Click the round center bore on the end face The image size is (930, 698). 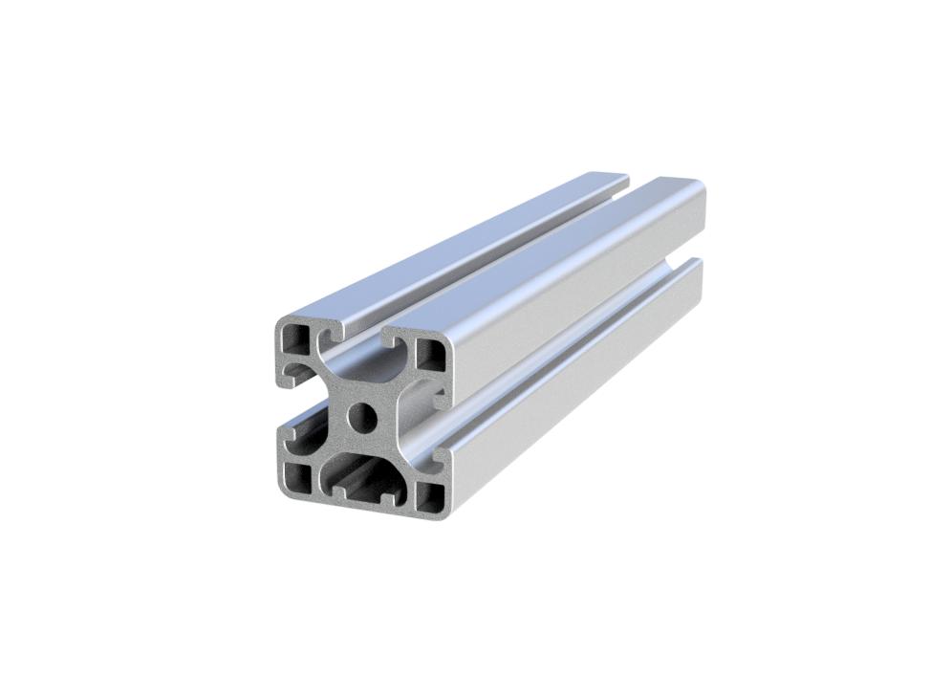tap(362, 417)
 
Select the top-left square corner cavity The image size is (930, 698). tap(295, 338)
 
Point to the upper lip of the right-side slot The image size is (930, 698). tap(441, 394)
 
